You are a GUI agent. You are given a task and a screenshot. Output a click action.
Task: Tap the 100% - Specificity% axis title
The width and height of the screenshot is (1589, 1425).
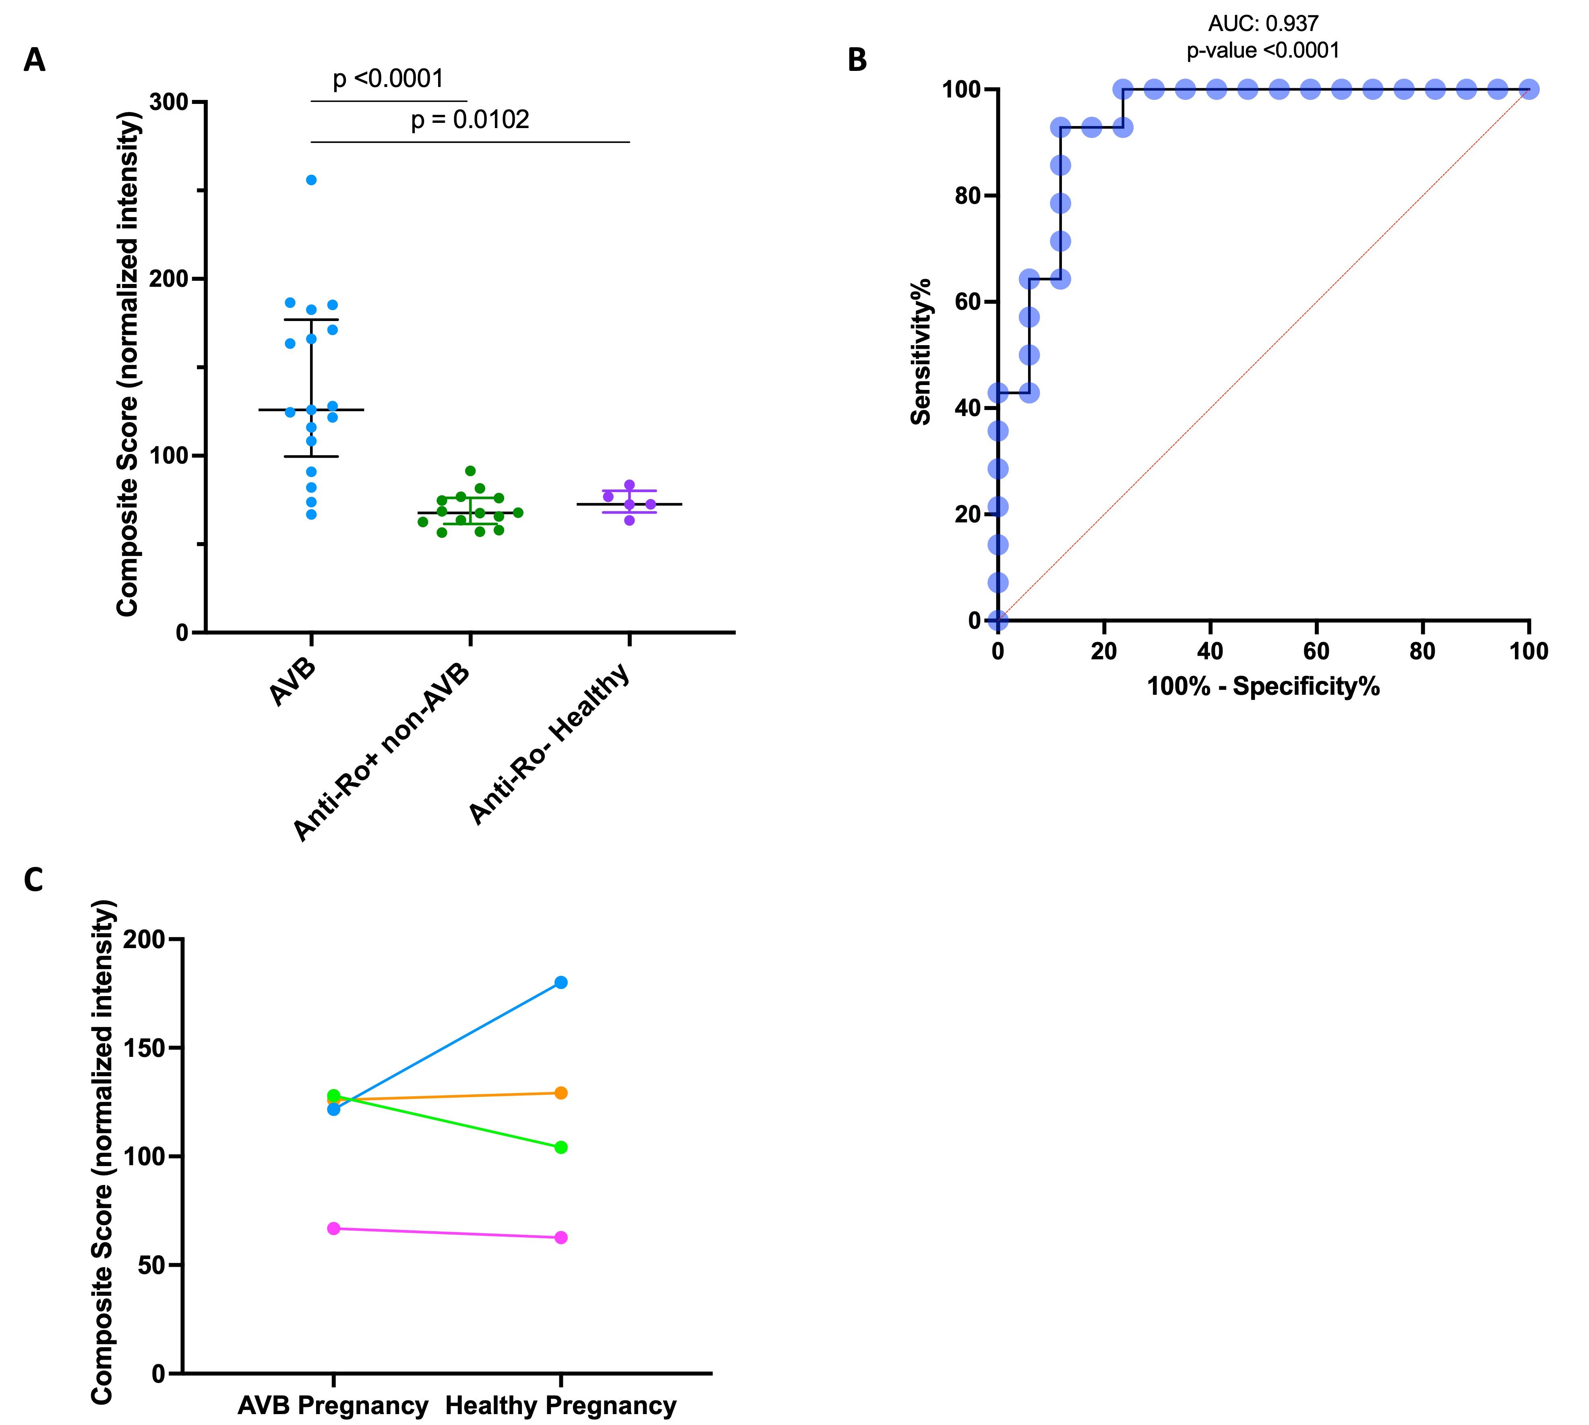1262,687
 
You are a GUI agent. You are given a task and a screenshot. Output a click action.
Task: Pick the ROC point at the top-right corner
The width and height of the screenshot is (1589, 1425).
1529,89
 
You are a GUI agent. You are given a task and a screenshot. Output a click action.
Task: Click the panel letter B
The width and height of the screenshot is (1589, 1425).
857,60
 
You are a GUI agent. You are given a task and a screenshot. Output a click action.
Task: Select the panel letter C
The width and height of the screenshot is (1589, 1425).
34,880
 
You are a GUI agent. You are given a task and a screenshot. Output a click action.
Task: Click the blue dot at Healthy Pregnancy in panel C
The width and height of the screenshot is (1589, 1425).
561,983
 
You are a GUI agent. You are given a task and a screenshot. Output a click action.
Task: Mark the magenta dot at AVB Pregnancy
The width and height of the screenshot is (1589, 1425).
333,1228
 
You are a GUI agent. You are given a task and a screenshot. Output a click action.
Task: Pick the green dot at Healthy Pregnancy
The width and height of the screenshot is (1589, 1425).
561,1148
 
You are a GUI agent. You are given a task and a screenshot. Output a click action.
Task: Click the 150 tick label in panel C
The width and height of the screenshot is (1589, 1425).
157,1048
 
